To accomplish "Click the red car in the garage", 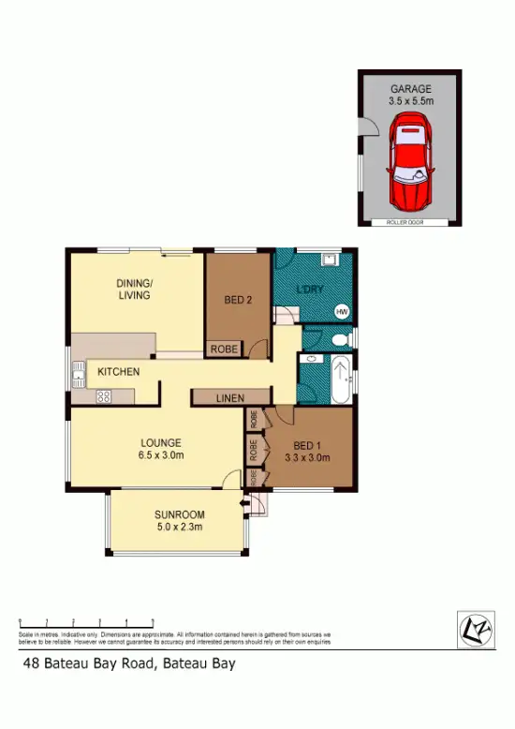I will [x=409, y=161].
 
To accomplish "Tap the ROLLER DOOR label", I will [x=408, y=223].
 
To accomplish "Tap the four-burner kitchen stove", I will [x=103, y=396].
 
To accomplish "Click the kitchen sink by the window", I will [x=78, y=379].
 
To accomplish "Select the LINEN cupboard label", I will [x=230, y=398].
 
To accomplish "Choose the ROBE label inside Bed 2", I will [x=223, y=349].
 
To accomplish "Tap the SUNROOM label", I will [x=179, y=515].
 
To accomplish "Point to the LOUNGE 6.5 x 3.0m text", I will [x=161, y=449].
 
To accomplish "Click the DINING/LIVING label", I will [x=134, y=289].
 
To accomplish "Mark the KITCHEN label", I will [x=119, y=372].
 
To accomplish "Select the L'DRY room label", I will [x=310, y=290].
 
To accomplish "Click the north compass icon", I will [x=476, y=629].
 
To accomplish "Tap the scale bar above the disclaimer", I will [x=86, y=622].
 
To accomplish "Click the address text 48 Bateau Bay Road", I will [x=129, y=664].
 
